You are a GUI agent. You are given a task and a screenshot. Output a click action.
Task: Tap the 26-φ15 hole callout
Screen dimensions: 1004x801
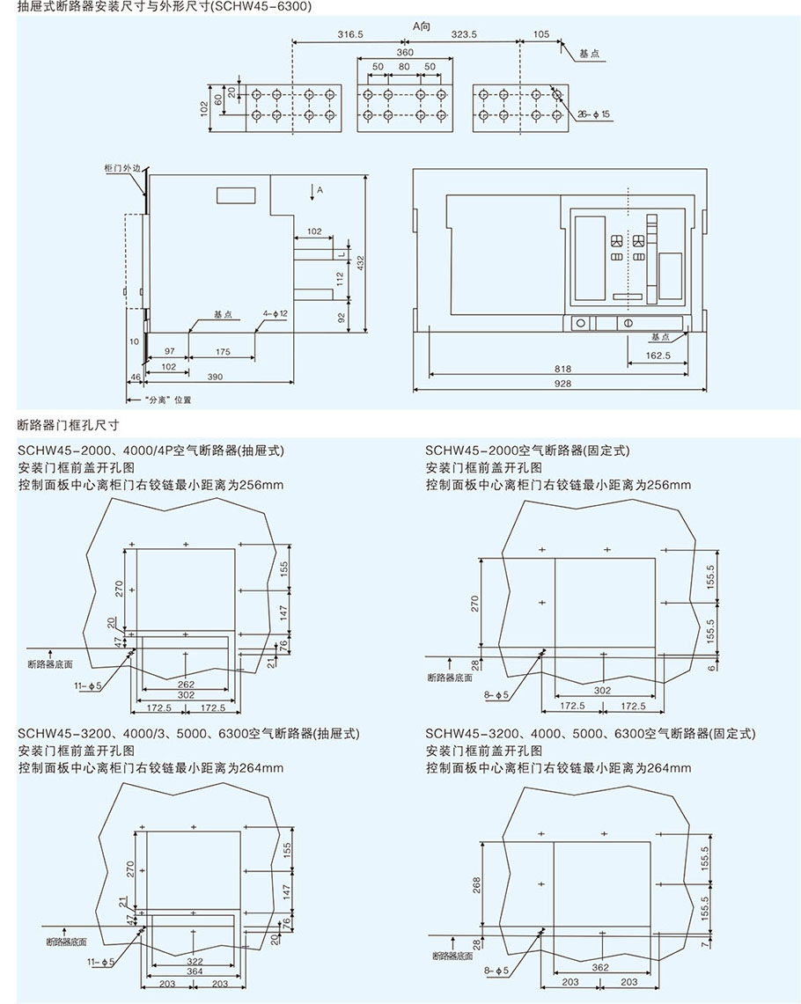[594, 114]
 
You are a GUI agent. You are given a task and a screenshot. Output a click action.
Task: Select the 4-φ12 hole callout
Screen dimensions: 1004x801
[276, 313]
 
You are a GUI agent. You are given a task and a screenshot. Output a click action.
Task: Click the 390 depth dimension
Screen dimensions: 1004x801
[215, 377]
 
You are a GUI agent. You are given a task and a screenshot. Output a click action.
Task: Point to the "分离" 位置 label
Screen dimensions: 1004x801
[162, 399]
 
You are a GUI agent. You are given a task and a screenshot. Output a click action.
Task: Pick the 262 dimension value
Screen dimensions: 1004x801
[186, 683]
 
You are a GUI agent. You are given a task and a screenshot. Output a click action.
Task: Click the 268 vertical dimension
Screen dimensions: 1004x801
[476, 883]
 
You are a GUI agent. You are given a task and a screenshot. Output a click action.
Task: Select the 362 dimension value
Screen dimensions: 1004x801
[601, 967]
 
